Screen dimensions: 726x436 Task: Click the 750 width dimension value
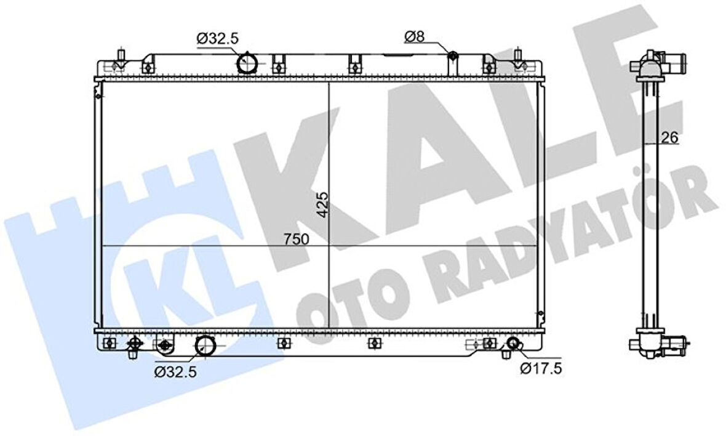pos(297,239)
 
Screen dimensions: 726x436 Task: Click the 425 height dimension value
pos(322,204)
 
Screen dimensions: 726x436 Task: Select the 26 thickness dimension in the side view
pos(669,137)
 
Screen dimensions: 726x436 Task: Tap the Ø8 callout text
pos(415,36)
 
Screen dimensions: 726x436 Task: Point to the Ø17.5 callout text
pos(541,368)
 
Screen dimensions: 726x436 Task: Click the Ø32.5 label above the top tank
pos(218,38)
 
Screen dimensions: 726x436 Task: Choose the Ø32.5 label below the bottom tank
pos(175,371)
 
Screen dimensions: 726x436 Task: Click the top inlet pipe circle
pos(246,63)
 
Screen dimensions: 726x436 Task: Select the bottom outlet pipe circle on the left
pos(205,345)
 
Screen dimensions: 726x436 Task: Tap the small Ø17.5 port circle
pos(514,344)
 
